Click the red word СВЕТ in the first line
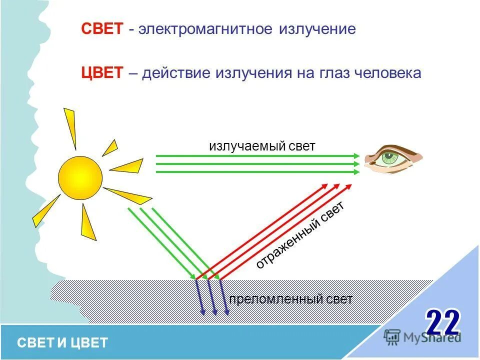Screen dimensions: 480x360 click(102, 29)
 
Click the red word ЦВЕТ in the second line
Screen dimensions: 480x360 click(102, 73)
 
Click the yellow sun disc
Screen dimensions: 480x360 click(80, 177)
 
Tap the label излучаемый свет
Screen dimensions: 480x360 click(262, 146)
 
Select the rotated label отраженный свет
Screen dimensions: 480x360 click(299, 235)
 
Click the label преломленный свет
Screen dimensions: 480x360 click(290, 299)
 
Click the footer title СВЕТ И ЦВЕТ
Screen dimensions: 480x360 click(62, 342)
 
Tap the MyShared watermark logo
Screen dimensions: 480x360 click(422, 336)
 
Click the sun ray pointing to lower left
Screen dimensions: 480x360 click(46, 210)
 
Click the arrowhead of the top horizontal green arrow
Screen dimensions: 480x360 click(356, 156)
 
